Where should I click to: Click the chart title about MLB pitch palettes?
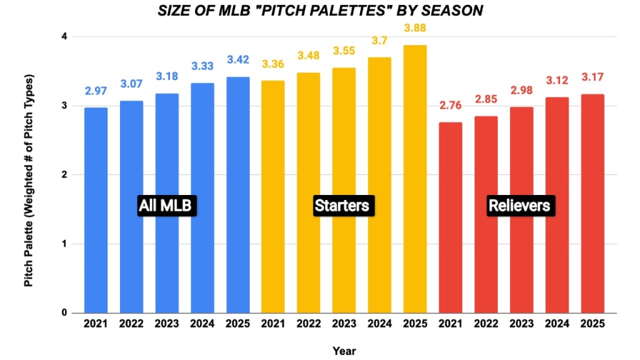(320, 11)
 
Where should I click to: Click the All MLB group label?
(167, 206)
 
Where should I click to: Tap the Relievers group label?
(519, 206)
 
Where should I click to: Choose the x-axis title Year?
(344, 351)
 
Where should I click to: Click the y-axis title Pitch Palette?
(29, 181)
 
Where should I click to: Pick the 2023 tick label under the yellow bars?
(344, 324)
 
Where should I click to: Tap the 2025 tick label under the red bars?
(592, 324)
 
